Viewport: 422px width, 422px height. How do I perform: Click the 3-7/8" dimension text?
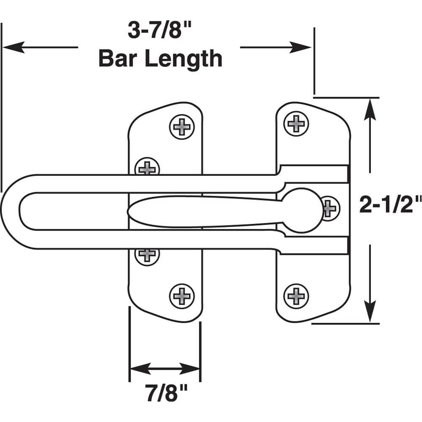[160, 30]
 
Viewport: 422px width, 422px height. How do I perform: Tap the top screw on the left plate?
[182, 126]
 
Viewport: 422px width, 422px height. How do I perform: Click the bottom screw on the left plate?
[182, 296]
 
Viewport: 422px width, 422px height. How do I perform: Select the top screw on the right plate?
[296, 123]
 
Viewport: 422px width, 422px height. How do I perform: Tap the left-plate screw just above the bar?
[147, 167]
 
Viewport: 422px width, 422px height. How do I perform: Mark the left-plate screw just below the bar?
[147, 255]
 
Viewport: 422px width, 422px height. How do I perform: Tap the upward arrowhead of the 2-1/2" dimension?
[370, 109]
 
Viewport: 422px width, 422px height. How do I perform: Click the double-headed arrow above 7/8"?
[164, 368]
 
